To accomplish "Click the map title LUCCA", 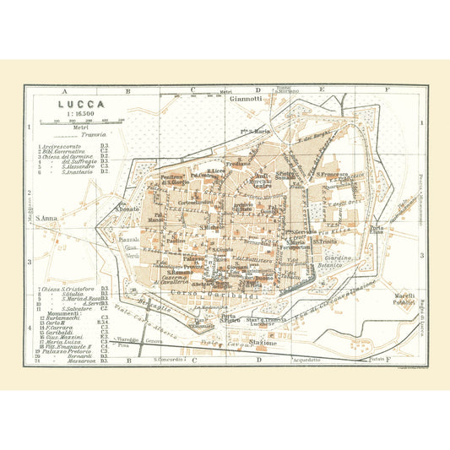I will coord(76,105).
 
